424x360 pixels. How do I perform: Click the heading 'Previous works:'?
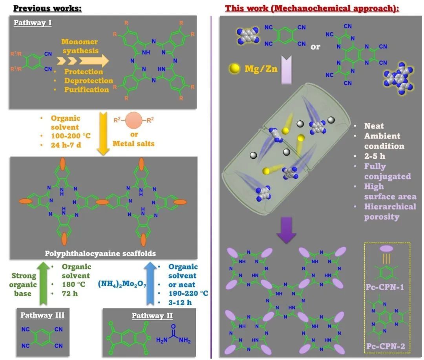[48, 8]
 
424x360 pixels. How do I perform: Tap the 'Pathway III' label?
[42, 315]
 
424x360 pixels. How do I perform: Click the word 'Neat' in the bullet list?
[374, 126]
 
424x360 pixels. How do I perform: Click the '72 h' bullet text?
[71, 293]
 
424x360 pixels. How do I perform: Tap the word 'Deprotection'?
[89, 81]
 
